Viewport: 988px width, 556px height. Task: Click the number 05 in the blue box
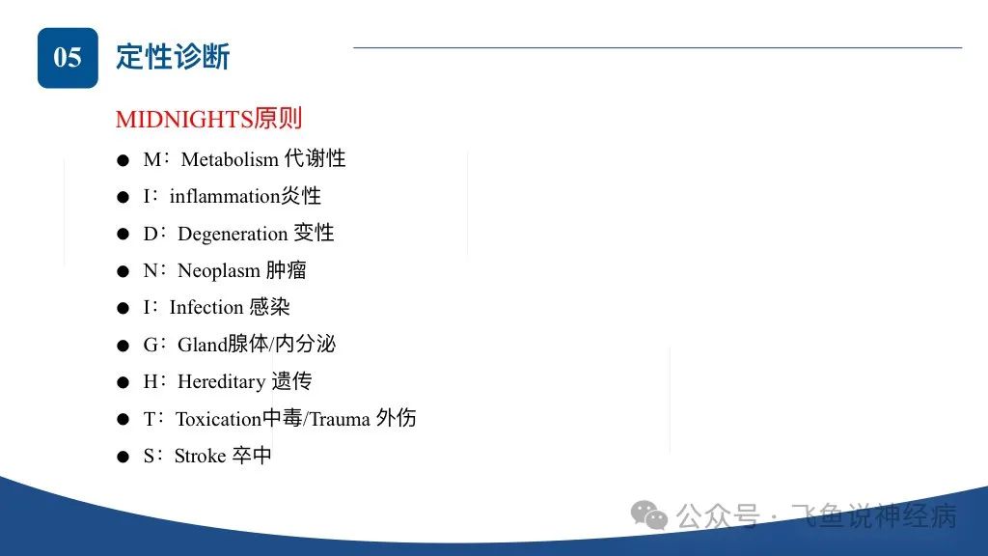click(68, 57)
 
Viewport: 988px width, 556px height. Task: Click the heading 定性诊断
click(173, 57)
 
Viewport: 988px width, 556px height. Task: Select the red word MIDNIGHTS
click(184, 119)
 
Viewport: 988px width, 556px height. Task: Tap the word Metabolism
click(230, 159)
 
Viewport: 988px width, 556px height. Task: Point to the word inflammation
click(224, 196)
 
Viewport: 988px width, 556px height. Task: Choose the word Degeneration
click(233, 234)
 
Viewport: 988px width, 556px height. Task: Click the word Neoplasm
click(219, 271)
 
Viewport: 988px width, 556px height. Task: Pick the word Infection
click(206, 308)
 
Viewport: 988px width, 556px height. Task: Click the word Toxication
click(218, 419)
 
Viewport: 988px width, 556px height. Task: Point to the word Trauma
click(340, 419)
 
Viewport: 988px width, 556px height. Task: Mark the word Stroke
click(200, 456)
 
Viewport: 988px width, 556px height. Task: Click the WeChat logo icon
click(649, 515)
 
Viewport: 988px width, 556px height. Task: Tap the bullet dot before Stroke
click(123, 457)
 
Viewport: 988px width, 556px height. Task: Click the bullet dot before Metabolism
click(123, 161)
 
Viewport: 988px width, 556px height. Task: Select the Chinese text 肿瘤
click(286, 270)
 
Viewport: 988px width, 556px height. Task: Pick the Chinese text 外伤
click(396, 418)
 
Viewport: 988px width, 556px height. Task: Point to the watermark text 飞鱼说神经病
click(873, 516)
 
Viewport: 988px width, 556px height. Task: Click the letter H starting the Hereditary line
click(150, 381)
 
